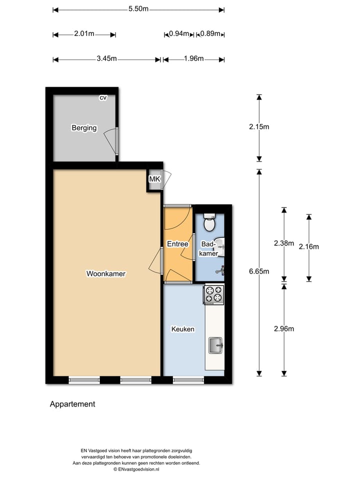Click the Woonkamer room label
tap(105, 273)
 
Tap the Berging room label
tap(84, 128)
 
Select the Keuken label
tap(182, 329)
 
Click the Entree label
tap(177, 244)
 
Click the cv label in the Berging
tap(103, 98)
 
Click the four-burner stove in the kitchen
tap(213, 294)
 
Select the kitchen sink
tap(216, 345)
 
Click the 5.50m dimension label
tap(138, 9)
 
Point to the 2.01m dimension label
tap(84, 34)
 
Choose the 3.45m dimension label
tap(106, 59)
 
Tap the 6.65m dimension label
tap(259, 271)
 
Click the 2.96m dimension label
tap(284, 328)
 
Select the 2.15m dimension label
tap(259, 126)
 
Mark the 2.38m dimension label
tap(283, 243)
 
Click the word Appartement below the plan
tap(72, 404)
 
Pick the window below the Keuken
tap(188, 380)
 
